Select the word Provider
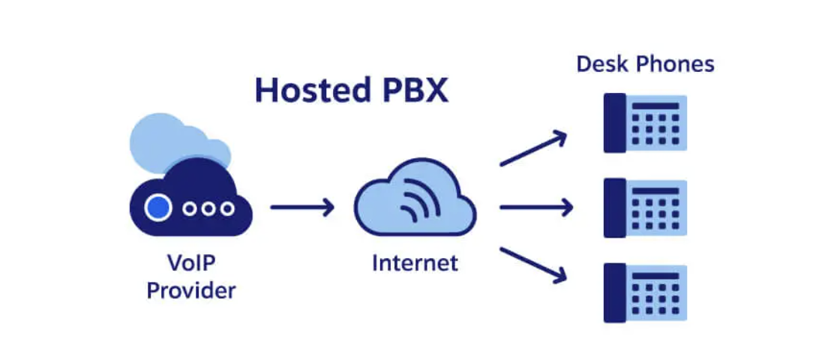click(x=190, y=290)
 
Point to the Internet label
click(x=415, y=263)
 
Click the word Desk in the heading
click(x=602, y=64)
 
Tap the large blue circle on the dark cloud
click(x=157, y=208)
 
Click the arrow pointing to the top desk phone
click(x=533, y=148)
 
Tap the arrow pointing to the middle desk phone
click(x=535, y=206)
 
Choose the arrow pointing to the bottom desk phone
click(x=533, y=265)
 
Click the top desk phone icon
click(x=645, y=122)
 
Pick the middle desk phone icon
click(x=645, y=207)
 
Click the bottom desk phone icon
click(x=645, y=292)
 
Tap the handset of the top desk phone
click(x=614, y=122)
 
